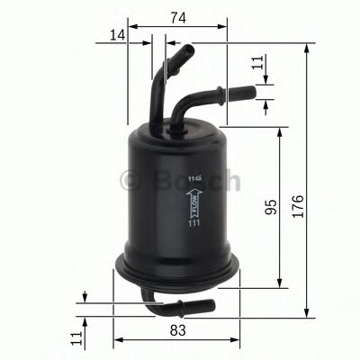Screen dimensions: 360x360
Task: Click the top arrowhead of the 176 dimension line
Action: [x=308, y=48]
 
